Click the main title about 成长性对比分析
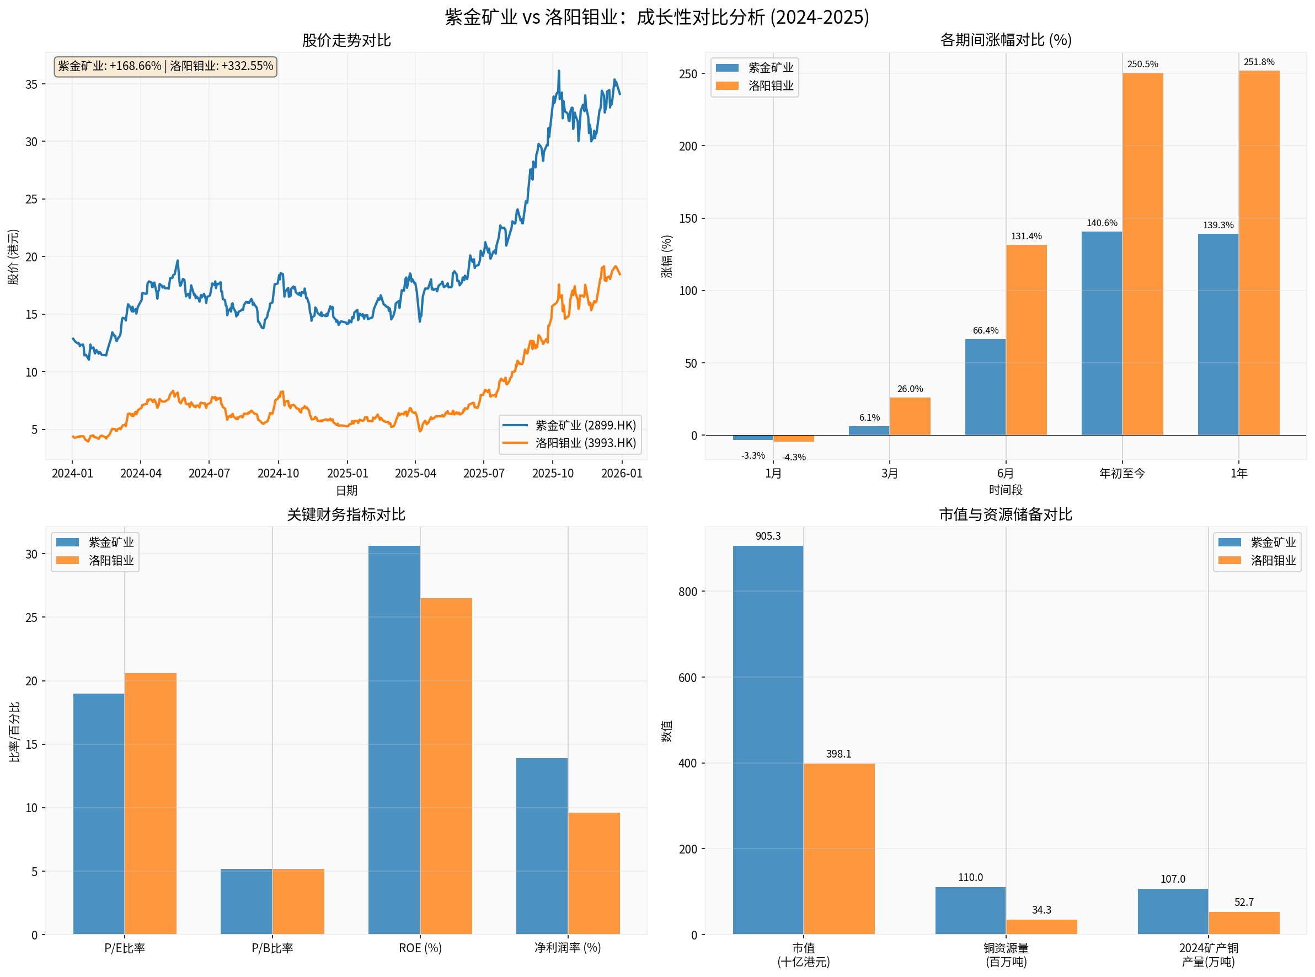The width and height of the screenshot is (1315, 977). point(656,17)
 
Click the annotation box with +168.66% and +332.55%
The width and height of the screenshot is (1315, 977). point(165,66)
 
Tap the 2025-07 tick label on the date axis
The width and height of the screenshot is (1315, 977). point(483,473)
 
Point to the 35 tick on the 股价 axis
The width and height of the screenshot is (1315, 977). point(31,84)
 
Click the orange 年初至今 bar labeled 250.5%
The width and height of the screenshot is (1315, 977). point(1142,254)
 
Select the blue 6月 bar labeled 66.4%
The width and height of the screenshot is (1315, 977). point(985,388)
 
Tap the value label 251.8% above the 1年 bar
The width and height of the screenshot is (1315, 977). point(1259,62)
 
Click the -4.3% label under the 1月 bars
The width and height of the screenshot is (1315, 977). point(793,457)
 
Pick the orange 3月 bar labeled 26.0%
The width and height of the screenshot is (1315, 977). point(910,416)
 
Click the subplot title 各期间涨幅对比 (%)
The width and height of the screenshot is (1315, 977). point(1006,40)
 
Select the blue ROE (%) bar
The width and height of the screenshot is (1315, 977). point(394,739)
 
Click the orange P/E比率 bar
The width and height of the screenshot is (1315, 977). point(150,804)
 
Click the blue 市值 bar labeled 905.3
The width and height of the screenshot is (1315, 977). point(768,739)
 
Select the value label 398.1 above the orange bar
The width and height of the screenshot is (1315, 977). point(838,754)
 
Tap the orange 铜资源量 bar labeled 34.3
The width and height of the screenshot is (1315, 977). point(1041,927)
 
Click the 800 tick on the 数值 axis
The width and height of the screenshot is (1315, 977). point(687,592)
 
